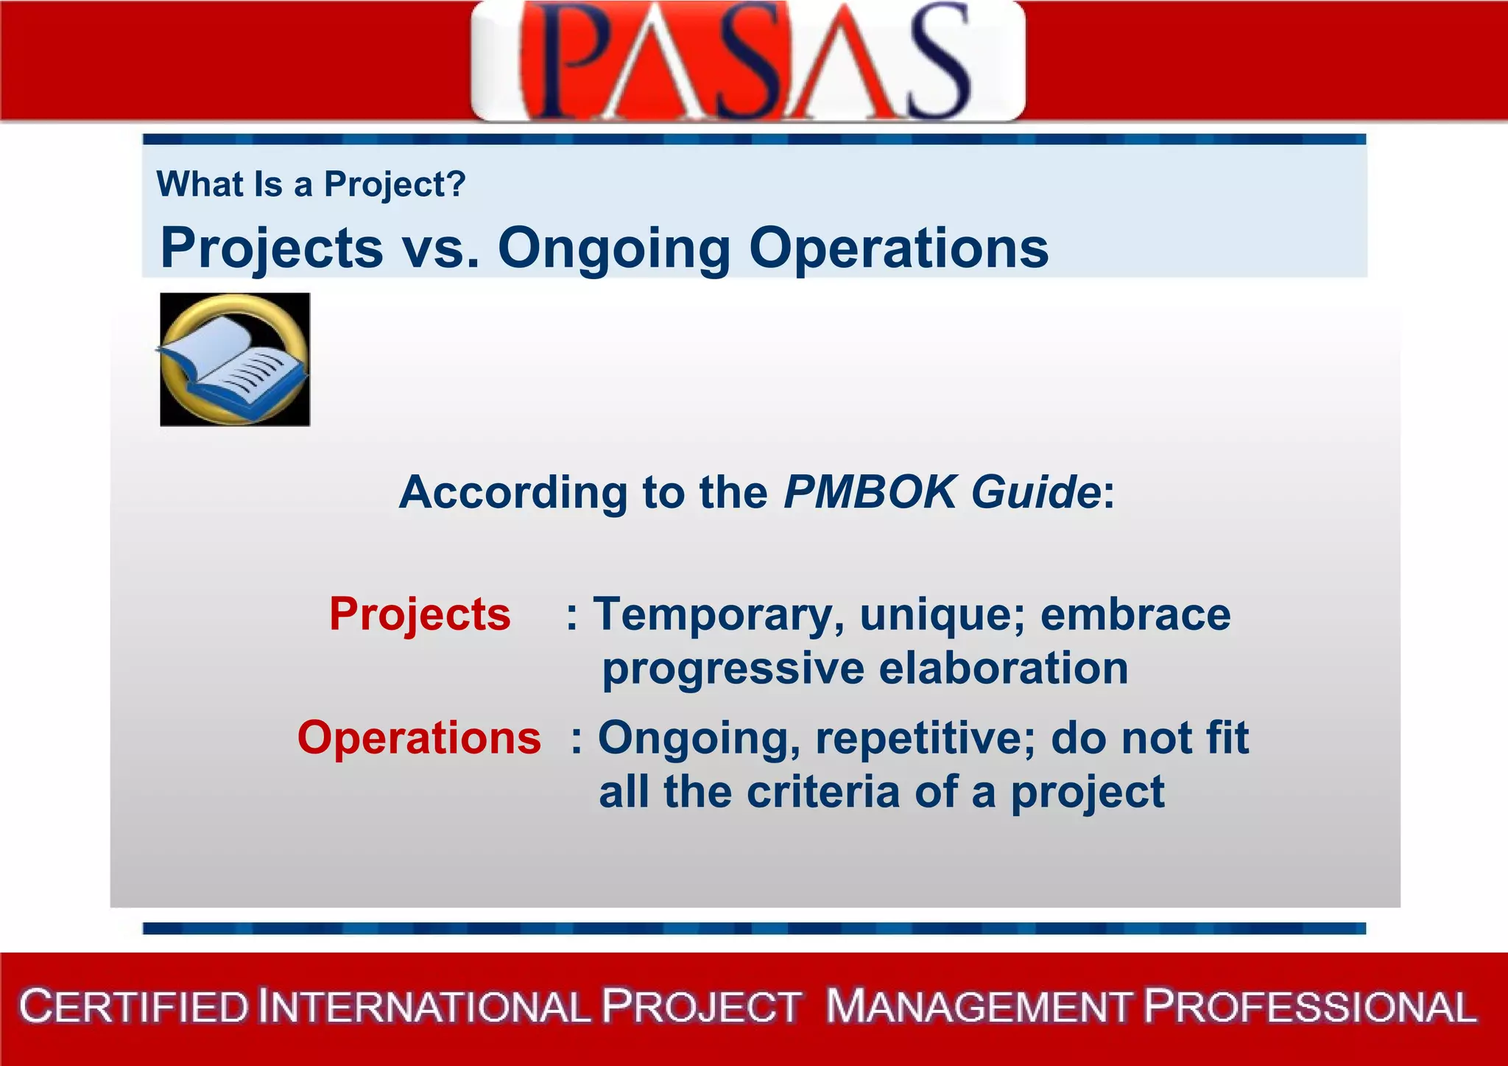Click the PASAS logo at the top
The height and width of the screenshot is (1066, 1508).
coord(747,60)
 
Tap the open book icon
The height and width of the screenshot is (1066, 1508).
coord(235,360)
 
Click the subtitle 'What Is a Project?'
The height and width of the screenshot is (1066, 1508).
coord(311,184)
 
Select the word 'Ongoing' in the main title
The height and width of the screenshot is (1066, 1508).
coord(613,249)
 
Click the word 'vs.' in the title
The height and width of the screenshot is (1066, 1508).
coord(440,248)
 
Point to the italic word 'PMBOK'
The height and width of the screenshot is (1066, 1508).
coord(869,492)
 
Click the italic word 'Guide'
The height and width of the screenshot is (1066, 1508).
coord(1035,492)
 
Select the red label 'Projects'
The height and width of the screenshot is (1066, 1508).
coord(420,614)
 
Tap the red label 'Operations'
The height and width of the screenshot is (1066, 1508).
coord(419,737)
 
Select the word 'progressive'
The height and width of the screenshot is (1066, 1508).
coord(733,669)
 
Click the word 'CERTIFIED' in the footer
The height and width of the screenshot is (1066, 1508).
coord(134,1007)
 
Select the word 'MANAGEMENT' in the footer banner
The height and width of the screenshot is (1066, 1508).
coord(978,1007)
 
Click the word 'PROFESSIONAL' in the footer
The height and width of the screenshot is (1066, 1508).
coord(1310,1007)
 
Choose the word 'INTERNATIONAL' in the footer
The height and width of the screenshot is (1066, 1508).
coord(424,1007)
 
